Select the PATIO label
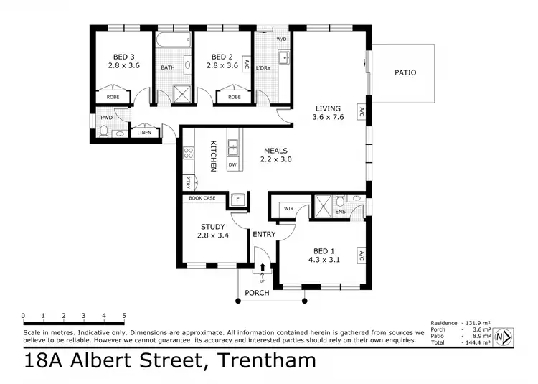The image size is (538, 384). click(405, 72)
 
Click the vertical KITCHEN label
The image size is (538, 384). click(213, 156)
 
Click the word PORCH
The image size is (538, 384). click(257, 293)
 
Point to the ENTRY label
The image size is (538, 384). click(263, 234)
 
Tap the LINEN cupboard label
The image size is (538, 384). click(144, 133)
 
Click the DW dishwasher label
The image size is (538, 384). click(232, 164)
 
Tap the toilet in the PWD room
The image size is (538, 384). click(103, 131)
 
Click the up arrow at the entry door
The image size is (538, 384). click(263, 268)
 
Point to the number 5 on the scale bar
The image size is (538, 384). click(124, 316)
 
